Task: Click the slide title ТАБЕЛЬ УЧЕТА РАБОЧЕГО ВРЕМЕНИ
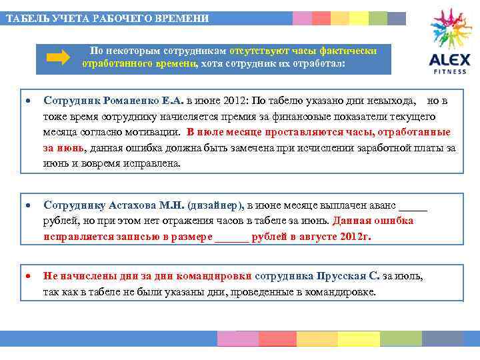pyautogui.click(x=107, y=19)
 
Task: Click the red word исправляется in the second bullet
pyautogui.click(x=74, y=237)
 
